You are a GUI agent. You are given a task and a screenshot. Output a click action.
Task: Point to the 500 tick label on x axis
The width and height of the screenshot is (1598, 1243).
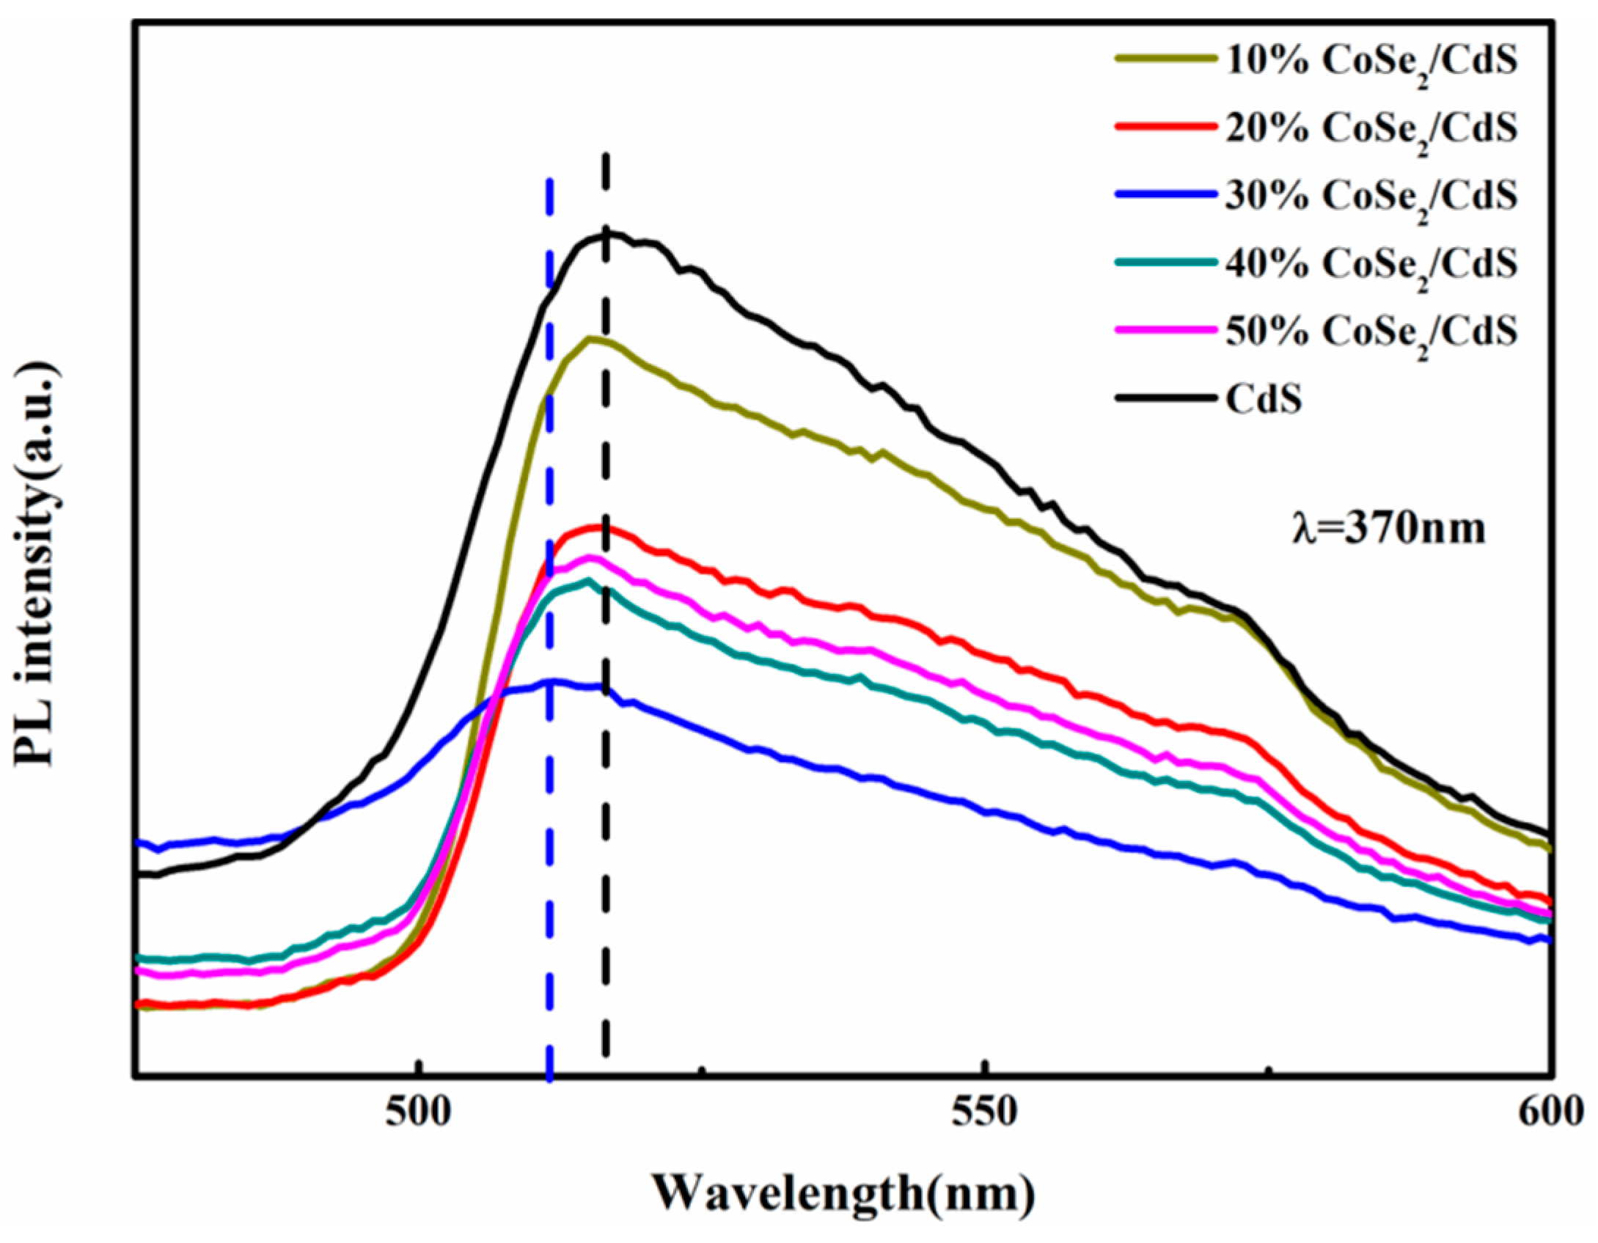[x=417, y=1113]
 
